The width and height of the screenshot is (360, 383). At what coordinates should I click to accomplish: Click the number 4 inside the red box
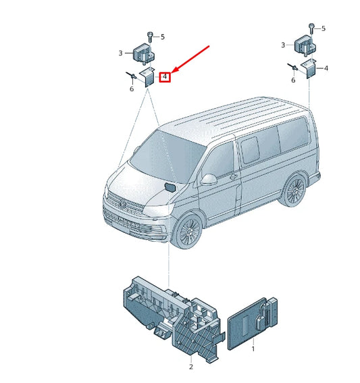click(x=165, y=77)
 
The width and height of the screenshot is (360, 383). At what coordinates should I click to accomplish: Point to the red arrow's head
click(x=174, y=72)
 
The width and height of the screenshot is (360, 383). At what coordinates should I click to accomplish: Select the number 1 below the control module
click(x=253, y=350)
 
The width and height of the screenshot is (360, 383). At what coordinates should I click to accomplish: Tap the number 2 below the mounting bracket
click(x=190, y=367)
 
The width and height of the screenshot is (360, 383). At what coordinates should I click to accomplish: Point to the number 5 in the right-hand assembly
click(x=324, y=28)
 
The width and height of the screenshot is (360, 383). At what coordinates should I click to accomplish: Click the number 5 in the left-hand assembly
click(x=161, y=36)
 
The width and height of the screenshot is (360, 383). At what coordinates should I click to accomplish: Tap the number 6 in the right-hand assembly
click(x=293, y=80)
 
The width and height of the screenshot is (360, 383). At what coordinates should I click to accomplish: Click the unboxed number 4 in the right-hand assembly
click(x=326, y=69)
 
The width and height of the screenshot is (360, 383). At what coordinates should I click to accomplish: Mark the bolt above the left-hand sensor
click(x=149, y=36)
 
